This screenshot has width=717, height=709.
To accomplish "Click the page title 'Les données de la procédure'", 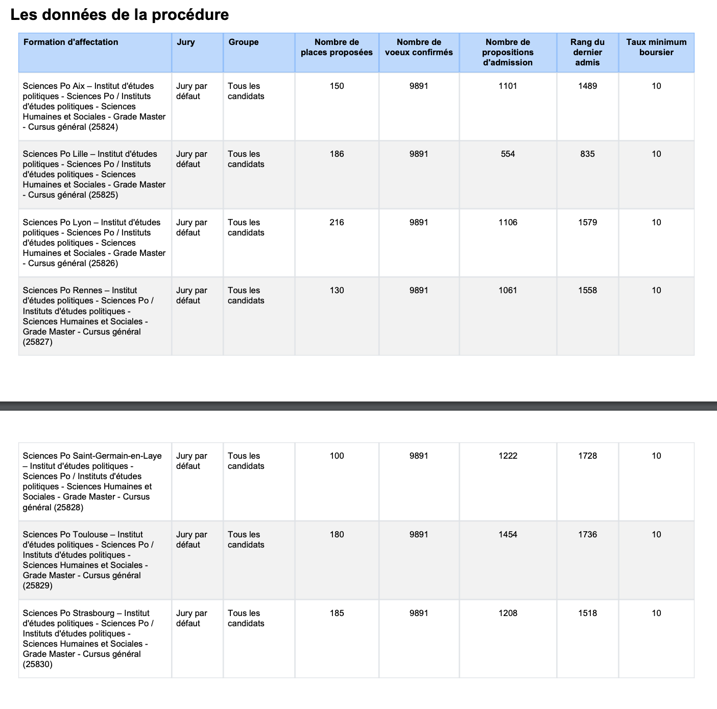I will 119,15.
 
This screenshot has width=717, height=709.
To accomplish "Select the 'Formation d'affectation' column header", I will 71,42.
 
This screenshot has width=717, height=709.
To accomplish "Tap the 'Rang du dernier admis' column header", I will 587,52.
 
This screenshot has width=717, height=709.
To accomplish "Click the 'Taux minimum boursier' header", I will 656,47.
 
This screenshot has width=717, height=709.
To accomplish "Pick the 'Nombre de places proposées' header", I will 337,47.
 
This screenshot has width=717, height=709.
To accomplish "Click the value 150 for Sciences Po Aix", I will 337,86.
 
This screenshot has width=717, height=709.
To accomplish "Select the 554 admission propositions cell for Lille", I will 508,154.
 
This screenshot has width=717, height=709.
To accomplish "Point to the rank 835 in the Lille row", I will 587,154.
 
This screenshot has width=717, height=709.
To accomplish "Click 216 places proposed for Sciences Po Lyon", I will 337,222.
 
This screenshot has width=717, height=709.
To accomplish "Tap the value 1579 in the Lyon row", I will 587,222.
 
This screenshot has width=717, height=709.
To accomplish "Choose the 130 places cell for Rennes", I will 337,290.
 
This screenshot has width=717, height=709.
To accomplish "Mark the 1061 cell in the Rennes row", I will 508,290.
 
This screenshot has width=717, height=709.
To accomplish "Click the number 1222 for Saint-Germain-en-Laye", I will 508,456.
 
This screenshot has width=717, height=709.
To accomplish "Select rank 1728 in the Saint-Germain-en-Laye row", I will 587,456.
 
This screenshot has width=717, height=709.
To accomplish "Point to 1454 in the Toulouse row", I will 508,534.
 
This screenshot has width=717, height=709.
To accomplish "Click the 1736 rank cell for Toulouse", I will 587,534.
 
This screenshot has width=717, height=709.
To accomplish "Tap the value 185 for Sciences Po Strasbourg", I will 337,613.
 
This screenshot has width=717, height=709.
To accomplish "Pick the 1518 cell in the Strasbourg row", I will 587,613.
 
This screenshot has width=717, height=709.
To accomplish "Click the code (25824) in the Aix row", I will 103,127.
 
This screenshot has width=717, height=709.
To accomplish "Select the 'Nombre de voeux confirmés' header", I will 419,47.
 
